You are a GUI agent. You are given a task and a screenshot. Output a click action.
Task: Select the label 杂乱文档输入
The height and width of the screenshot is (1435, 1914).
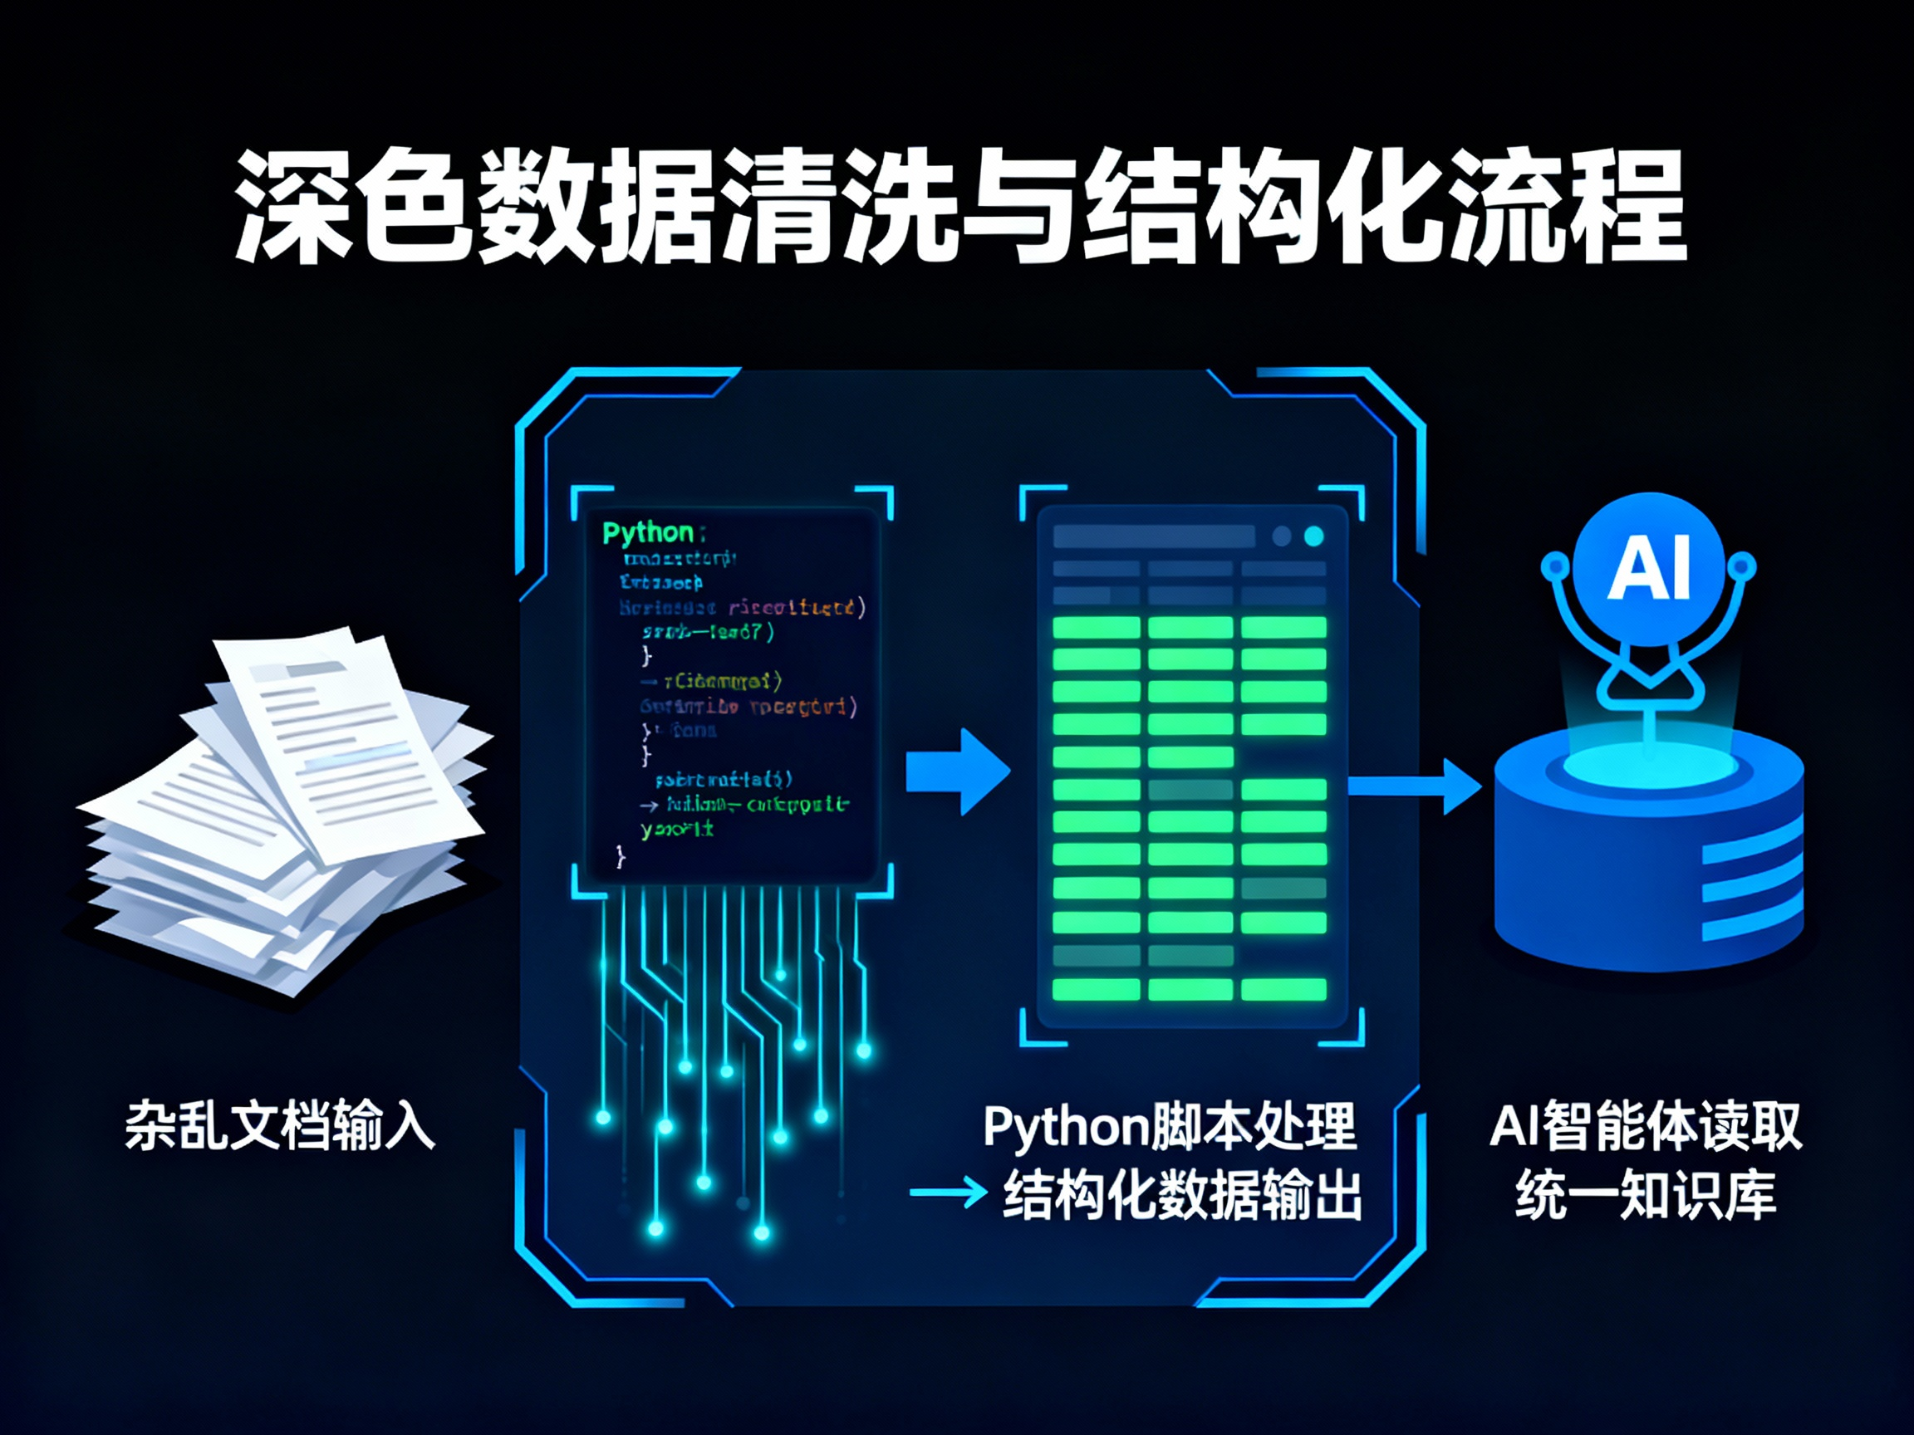tap(278, 1125)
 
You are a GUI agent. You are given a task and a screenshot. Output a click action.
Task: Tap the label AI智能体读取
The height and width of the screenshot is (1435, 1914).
tap(1645, 1126)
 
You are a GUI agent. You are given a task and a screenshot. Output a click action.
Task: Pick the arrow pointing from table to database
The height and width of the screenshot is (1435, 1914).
tap(1415, 786)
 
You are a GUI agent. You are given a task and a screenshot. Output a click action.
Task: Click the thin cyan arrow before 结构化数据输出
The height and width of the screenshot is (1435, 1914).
tap(948, 1193)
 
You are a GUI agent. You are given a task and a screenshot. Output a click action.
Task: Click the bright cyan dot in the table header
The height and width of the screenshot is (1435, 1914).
tap(1313, 536)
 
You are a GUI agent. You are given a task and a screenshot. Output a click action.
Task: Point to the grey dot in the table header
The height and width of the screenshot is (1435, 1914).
tap(1282, 536)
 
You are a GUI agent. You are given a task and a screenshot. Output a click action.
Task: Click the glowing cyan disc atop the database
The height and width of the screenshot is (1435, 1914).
tap(1648, 766)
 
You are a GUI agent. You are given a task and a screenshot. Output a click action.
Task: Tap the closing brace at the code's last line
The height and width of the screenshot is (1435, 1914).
tap(620, 856)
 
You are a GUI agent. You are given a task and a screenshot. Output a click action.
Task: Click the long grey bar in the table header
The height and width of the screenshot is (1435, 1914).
tap(1153, 536)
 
